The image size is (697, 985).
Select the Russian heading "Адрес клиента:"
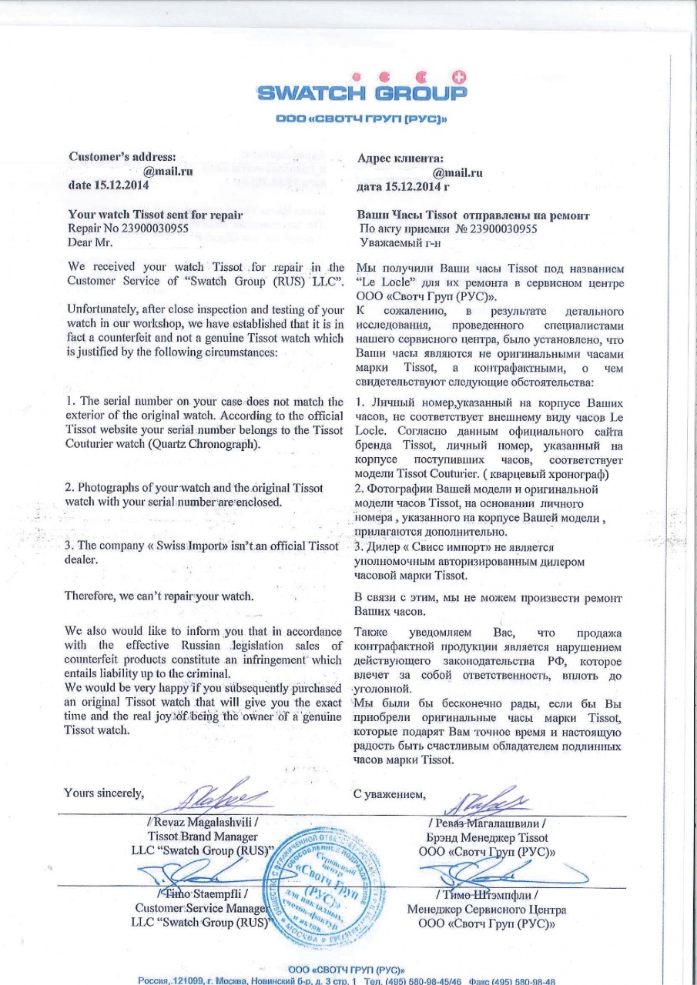tap(400, 158)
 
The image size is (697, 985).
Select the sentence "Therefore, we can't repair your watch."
tap(166, 596)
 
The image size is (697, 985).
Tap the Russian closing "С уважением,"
tap(389, 794)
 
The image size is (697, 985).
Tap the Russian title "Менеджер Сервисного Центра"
tap(487, 909)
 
